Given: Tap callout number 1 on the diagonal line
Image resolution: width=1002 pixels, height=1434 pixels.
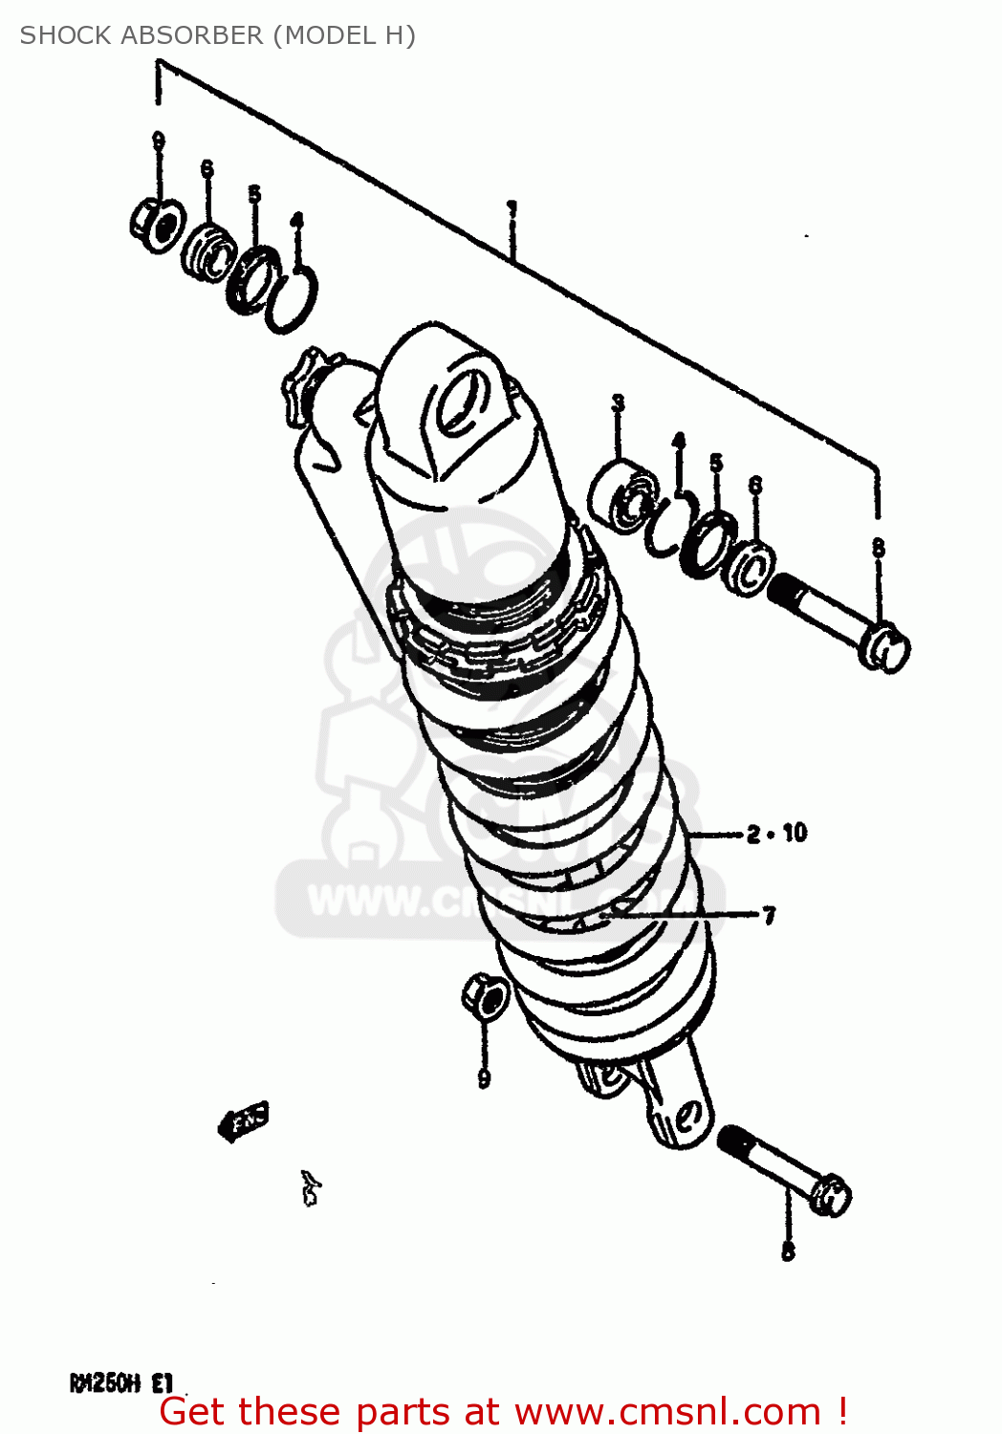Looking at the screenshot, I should click(x=512, y=207).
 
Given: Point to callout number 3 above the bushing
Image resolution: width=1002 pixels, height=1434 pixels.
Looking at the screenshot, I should click(x=619, y=403).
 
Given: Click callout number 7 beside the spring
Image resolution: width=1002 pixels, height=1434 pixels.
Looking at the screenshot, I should click(x=769, y=916).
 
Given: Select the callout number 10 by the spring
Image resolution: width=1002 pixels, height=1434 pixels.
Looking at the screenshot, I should click(x=795, y=834).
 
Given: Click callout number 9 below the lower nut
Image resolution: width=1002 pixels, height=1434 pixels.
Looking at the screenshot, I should click(x=485, y=1078).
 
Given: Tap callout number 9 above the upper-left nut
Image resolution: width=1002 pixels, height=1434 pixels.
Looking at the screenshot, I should click(x=159, y=141).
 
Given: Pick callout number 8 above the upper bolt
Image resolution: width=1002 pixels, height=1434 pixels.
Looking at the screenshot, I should click(x=878, y=548).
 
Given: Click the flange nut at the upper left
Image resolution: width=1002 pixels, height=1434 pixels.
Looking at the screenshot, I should click(x=156, y=226).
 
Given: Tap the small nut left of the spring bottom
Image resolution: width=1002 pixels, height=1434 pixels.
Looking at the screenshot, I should click(x=486, y=996).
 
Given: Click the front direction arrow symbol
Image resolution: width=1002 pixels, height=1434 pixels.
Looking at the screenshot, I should click(x=244, y=1119).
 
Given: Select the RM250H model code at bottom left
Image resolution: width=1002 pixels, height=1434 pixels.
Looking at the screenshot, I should click(x=105, y=1383).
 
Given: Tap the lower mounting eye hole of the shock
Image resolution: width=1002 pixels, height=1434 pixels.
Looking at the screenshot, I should click(x=685, y=1116).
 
